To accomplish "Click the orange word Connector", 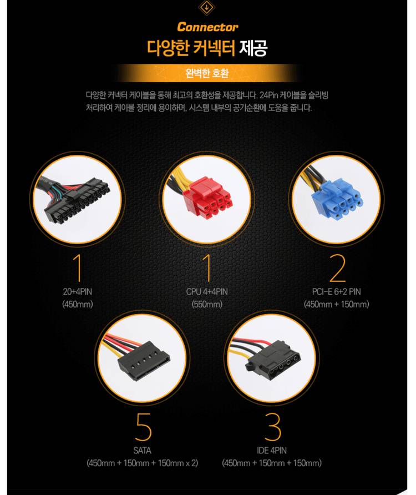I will (x=207, y=27).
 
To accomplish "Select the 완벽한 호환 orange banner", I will (x=207, y=72).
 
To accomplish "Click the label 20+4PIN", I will (x=78, y=291).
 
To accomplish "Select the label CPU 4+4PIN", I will (x=207, y=291).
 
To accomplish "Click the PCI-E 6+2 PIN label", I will (x=336, y=291).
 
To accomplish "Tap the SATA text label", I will (x=142, y=451).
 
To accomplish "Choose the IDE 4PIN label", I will (x=272, y=451).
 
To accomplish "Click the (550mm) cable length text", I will (x=207, y=304).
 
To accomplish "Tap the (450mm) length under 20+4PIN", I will (x=78, y=304).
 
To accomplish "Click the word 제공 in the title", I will (x=253, y=48).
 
